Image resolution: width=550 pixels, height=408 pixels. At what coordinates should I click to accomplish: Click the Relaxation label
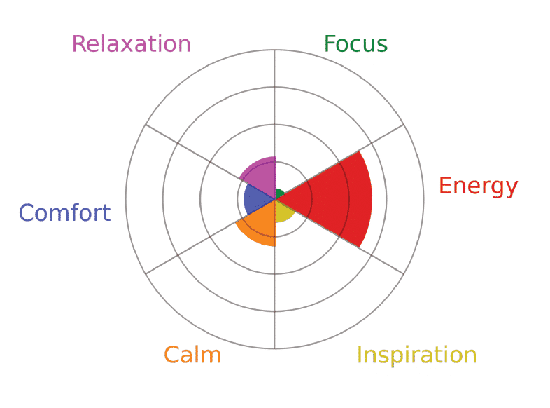pos(132,44)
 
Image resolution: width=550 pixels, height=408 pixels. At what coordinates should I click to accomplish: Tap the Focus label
pos(355,44)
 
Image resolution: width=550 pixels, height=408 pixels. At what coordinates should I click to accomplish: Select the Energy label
pos(479,187)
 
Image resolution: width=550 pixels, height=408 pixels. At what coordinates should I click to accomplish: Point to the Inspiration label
pos(417,355)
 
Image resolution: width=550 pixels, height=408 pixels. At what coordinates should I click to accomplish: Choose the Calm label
pos(192,355)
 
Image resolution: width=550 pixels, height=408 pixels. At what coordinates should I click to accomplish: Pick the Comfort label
pos(65,212)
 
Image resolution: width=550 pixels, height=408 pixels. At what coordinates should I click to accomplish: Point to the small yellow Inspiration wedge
pos(283,210)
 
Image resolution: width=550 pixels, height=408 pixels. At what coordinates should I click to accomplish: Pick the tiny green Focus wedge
pos(279,194)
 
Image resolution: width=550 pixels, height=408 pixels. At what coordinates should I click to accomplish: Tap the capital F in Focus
pos(330,44)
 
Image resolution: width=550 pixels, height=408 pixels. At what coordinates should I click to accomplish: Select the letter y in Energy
pos(511,190)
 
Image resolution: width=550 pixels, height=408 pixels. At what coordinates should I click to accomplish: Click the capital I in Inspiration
pos(359,355)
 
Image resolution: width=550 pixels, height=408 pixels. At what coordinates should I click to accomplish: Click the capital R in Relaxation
pos(79,44)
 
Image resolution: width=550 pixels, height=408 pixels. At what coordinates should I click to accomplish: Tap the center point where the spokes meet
pos(275,199)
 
